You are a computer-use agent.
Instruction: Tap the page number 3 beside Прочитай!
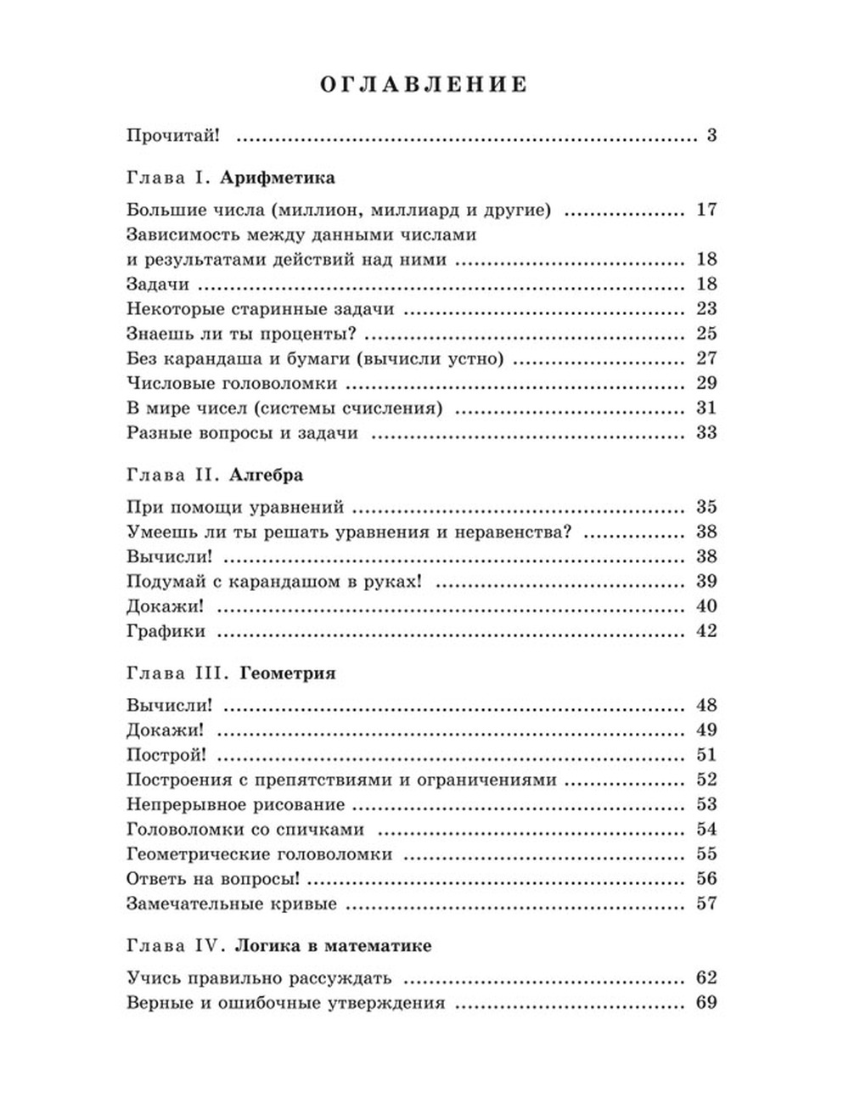click(x=711, y=135)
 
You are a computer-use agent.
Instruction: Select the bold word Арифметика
click(x=265, y=178)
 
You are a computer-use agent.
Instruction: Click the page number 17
click(x=706, y=210)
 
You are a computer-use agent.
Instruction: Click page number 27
click(x=706, y=358)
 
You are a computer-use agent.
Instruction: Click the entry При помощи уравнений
click(x=234, y=508)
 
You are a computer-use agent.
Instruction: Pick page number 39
click(x=706, y=582)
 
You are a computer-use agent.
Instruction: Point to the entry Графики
click(x=166, y=631)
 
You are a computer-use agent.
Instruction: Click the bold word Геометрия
click(x=288, y=673)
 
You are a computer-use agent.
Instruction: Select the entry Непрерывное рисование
click(x=235, y=804)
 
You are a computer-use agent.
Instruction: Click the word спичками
click(x=322, y=830)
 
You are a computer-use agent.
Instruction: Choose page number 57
click(x=706, y=904)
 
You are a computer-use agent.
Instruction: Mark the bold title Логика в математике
click(x=333, y=946)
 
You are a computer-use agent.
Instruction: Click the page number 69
click(x=706, y=1003)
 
